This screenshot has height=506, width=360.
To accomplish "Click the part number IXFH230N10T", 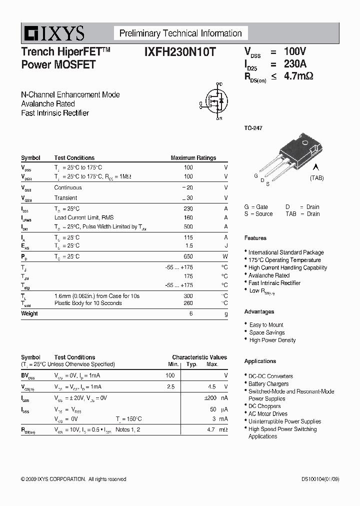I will click(x=179, y=52).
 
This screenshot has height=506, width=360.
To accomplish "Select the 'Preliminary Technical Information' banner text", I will click(x=180, y=33).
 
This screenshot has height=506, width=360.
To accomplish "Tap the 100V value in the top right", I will click(x=294, y=51).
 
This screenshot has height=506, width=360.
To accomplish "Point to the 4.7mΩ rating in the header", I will click(x=298, y=76).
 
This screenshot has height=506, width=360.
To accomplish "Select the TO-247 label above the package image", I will click(x=253, y=128).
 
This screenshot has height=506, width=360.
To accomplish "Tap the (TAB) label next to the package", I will click(x=316, y=178).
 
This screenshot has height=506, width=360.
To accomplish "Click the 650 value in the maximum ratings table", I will click(x=188, y=256).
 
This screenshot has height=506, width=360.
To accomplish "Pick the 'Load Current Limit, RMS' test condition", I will click(x=83, y=217).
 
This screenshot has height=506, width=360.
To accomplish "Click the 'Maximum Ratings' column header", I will click(x=193, y=158).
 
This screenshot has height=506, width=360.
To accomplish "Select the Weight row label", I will click(x=29, y=313).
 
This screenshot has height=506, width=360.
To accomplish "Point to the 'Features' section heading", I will click(x=255, y=238).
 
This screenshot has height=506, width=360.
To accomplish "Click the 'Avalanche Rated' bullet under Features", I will click(x=269, y=275).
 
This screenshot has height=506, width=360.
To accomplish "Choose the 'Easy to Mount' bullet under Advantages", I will click(x=266, y=325).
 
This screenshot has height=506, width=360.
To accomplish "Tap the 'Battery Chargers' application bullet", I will click(x=268, y=384).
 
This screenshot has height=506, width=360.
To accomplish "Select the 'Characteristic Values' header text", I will click(x=199, y=357).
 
